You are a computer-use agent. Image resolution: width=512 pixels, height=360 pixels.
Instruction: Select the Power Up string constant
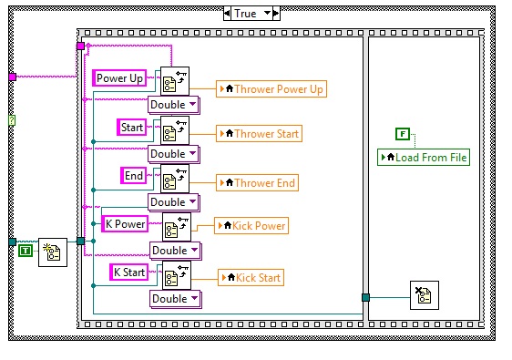[119, 78]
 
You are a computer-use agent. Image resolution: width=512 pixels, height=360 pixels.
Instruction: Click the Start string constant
[133, 128]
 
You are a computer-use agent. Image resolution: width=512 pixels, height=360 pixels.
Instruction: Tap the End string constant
[134, 175]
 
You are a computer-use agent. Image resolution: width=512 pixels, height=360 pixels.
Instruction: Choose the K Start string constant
[128, 272]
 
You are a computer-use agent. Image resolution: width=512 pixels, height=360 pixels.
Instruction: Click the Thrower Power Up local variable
[271, 88]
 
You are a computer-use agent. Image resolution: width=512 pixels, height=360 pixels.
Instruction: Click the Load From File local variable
[424, 158]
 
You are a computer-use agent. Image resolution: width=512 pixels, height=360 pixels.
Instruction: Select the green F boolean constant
[402, 134]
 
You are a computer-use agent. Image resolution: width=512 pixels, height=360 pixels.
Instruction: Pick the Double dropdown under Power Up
[173, 104]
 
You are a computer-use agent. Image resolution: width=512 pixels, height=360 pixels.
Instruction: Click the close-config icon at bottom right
[425, 295]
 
